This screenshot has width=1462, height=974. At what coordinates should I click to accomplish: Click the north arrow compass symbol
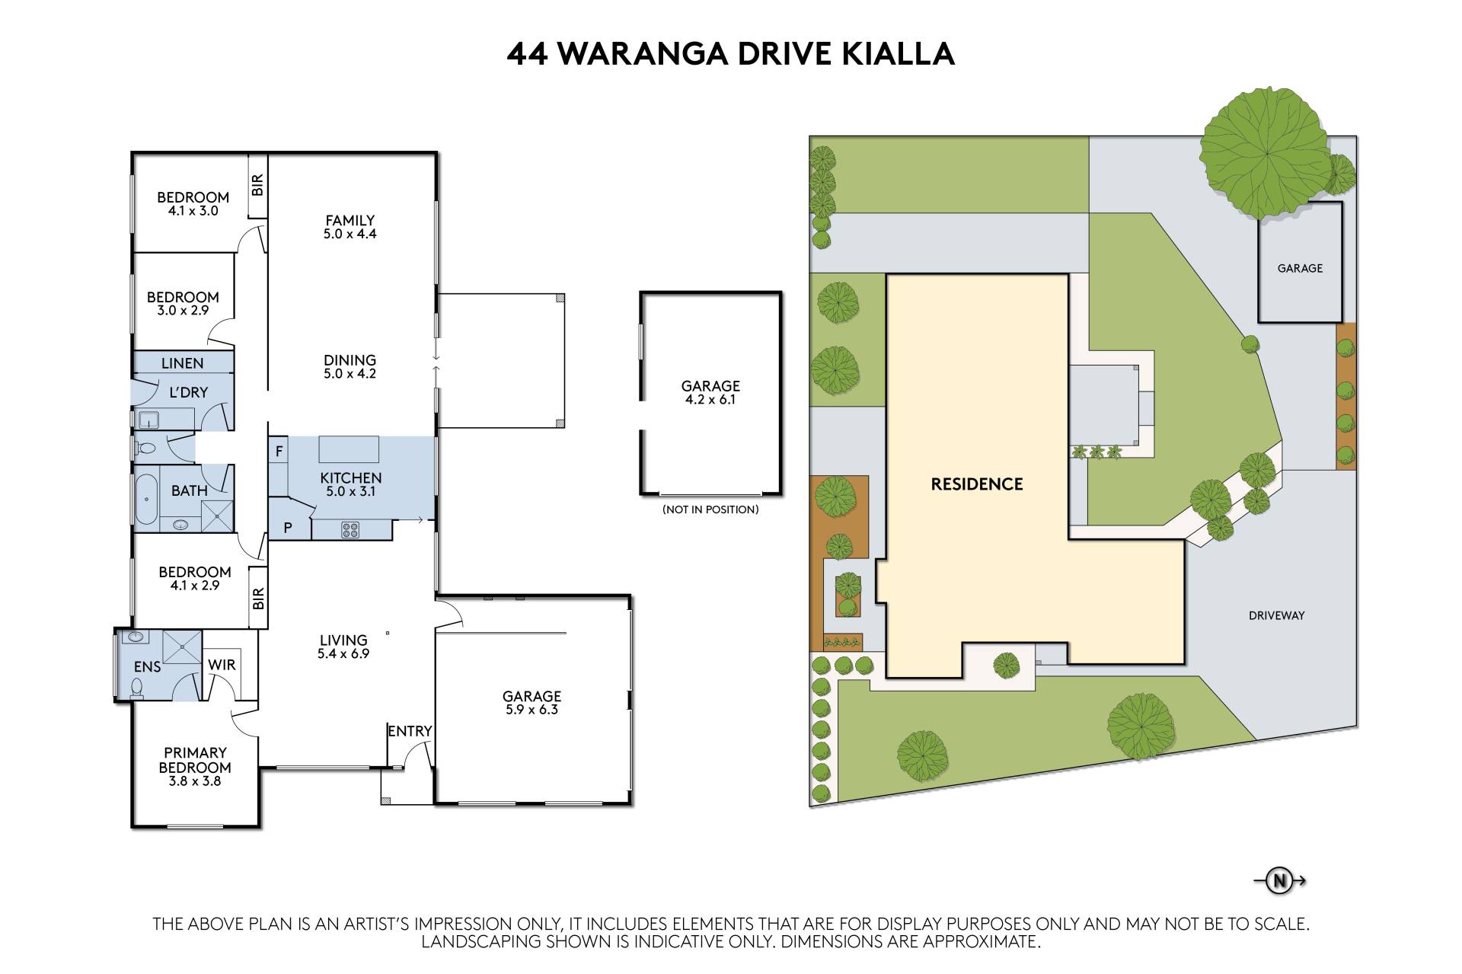click(1280, 881)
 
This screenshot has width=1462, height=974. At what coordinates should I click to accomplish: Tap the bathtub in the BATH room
click(146, 499)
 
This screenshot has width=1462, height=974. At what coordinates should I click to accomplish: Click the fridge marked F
click(279, 452)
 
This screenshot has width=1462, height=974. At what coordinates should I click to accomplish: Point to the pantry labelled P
click(289, 526)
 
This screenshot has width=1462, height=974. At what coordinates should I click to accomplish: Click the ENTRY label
click(410, 731)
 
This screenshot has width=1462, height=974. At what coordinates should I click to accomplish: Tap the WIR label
click(222, 665)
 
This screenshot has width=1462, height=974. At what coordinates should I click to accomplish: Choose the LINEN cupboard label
click(182, 363)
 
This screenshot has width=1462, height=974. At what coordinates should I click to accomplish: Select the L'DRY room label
click(187, 392)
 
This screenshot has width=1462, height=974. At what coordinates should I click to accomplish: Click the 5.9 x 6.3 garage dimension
click(531, 710)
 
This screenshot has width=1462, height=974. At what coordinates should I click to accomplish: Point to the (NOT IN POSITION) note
click(710, 509)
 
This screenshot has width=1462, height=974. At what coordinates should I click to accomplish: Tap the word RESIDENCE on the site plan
click(977, 484)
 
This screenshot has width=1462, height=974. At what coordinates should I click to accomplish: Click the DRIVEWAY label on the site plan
click(1277, 615)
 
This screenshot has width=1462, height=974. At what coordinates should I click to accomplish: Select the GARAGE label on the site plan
click(1300, 268)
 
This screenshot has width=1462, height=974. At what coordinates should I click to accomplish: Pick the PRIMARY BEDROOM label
click(195, 760)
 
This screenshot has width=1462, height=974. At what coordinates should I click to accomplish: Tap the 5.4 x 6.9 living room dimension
click(343, 653)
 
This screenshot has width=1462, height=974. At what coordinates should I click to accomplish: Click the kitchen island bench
click(349, 449)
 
